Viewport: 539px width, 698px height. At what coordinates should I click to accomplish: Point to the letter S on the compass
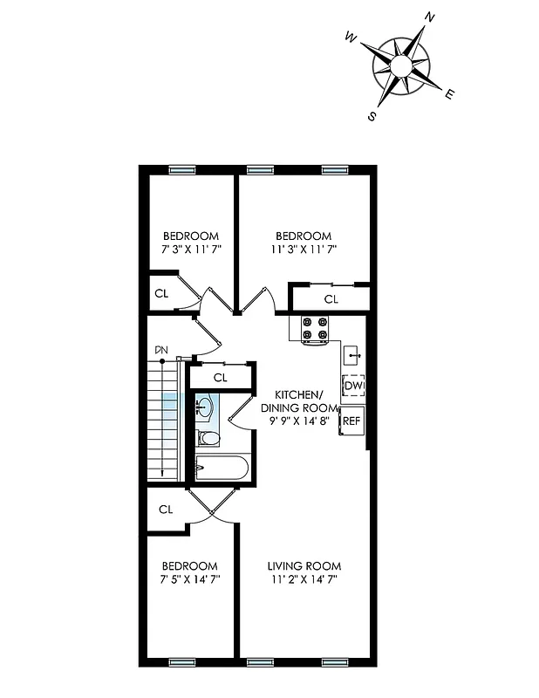[x=372, y=116]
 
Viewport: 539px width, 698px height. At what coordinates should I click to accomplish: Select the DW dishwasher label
[x=353, y=387]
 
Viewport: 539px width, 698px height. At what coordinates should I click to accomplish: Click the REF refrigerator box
[x=351, y=421]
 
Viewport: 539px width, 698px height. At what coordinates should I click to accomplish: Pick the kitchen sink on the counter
[x=351, y=354]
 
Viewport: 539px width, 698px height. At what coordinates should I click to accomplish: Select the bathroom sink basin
[x=203, y=407]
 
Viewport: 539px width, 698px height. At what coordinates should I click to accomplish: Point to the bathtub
[x=222, y=469]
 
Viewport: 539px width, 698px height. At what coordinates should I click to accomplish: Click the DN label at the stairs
[x=161, y=351]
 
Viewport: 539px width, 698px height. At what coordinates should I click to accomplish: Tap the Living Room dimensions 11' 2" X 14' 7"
[x=304, y=578]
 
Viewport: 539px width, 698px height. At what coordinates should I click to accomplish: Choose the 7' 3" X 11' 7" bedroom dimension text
[x=191, y=250]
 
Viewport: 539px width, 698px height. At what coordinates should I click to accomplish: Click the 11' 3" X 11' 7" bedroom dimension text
[x=304, y=250]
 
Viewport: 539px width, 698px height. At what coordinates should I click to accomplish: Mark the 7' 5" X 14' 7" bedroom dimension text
[x=190, y=578]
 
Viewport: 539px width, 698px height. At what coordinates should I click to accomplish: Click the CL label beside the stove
[x=331, y=299]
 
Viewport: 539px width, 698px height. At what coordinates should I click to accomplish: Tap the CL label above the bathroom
[x=220, y=378]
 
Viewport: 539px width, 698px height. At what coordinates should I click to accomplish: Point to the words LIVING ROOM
[x=304, y=565]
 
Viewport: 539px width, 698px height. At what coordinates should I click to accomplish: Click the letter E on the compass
[x=450, y=95]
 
